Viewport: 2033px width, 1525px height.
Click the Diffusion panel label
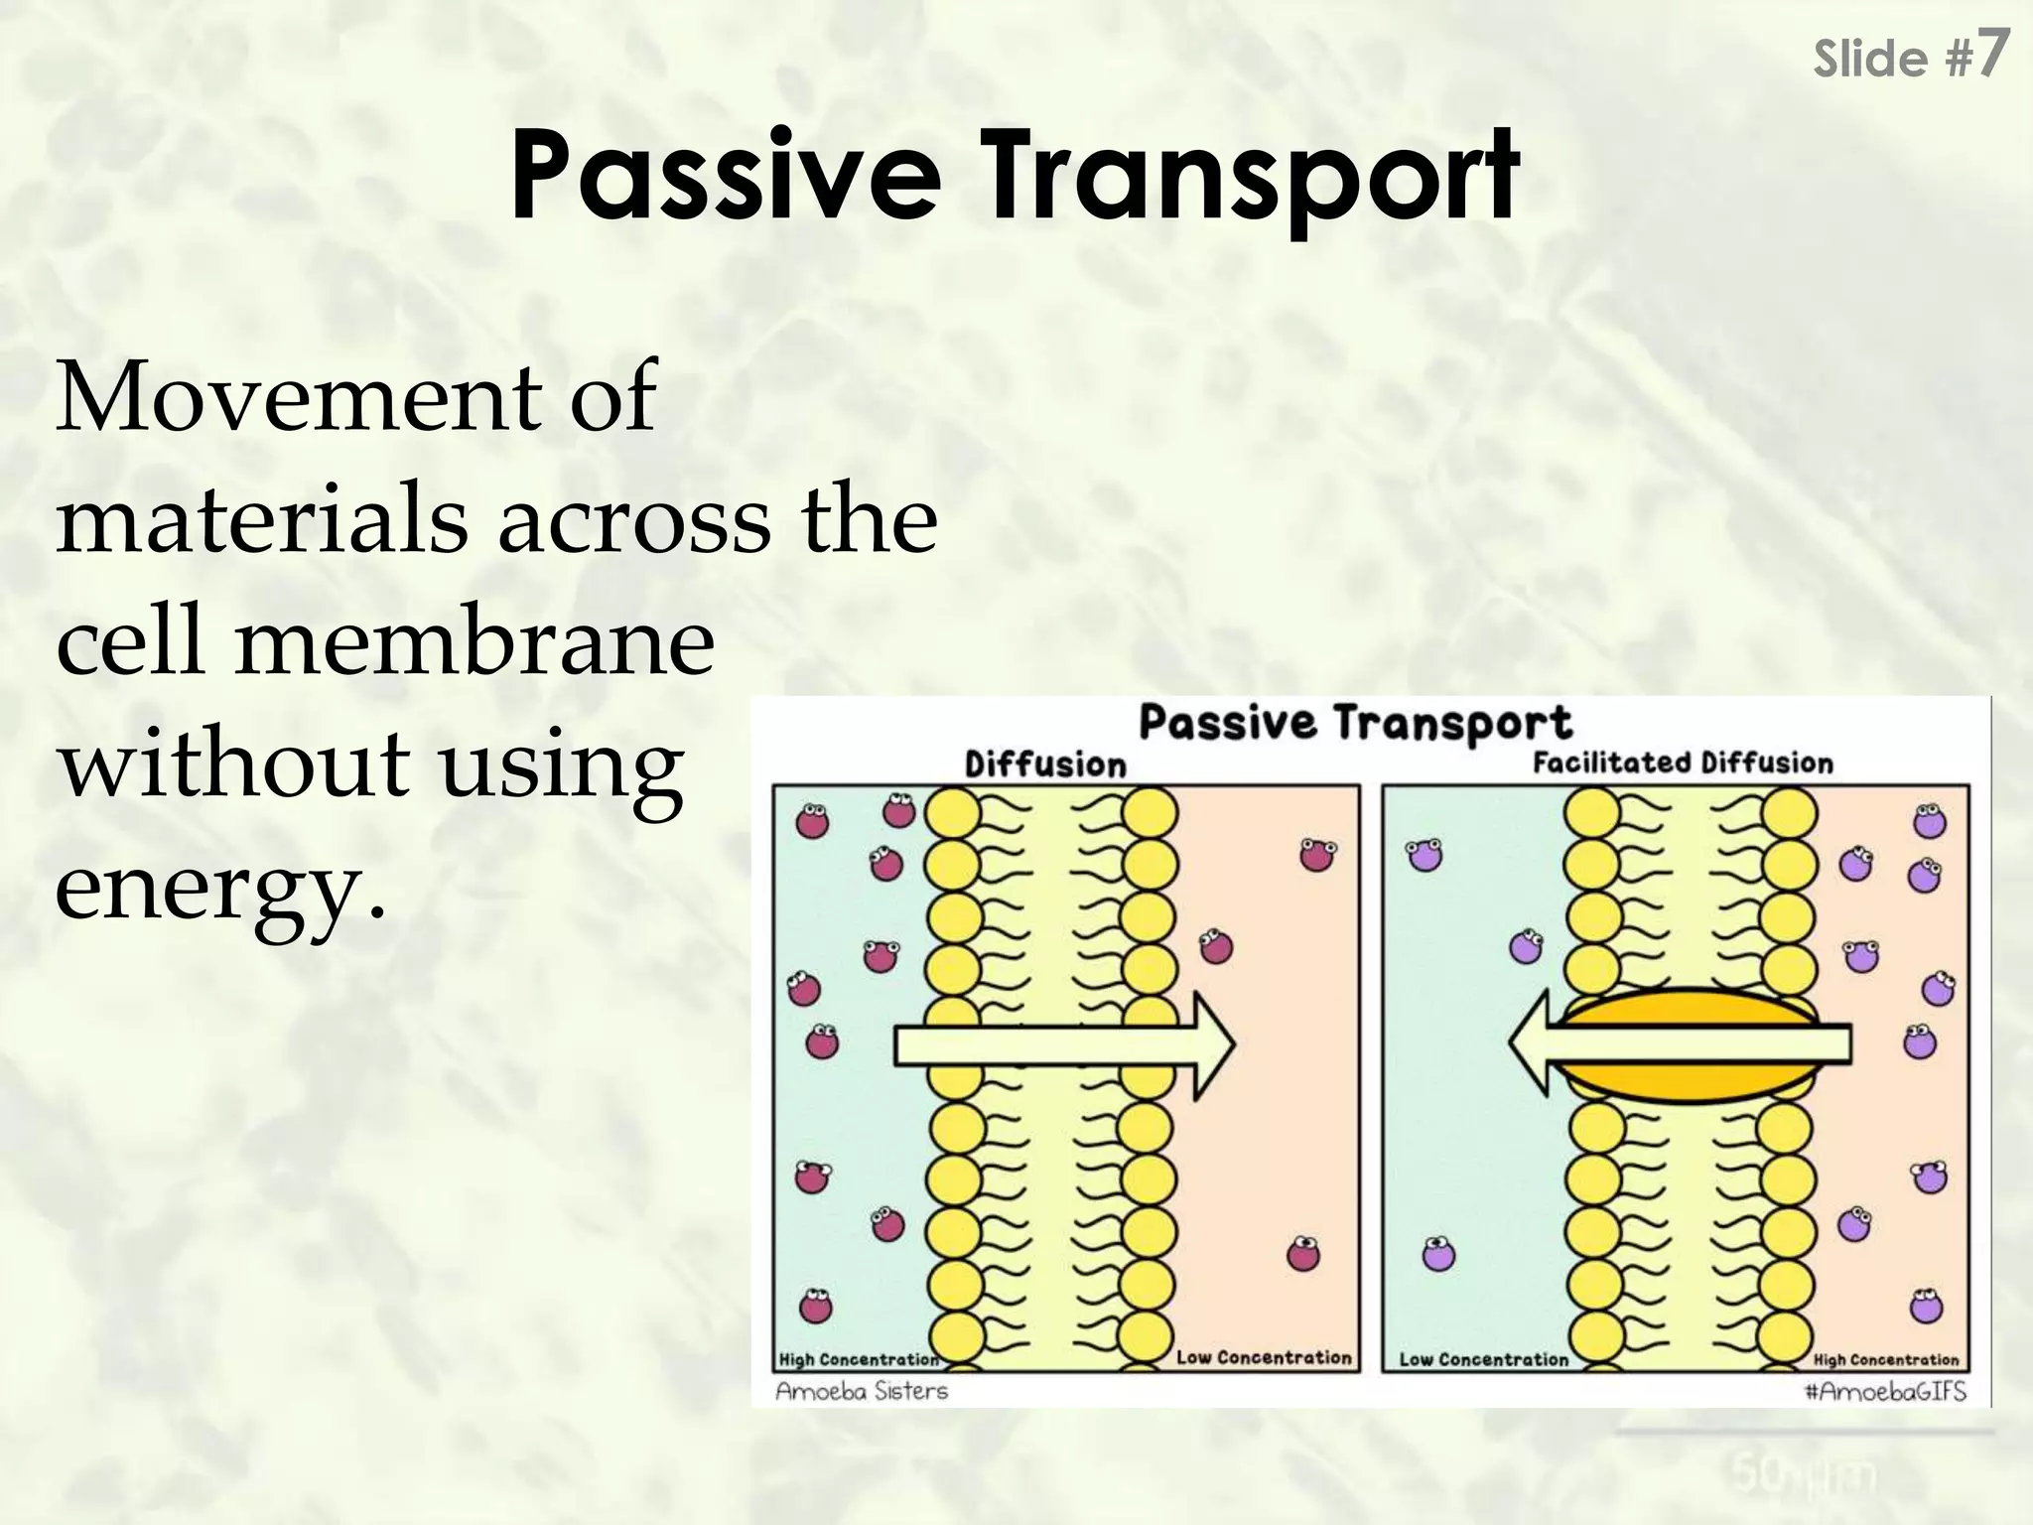[1045, 764]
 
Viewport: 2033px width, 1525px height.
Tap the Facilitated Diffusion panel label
[1683, 762]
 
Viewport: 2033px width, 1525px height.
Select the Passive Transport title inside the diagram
[1355, 723]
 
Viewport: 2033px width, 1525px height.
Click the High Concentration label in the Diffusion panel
[858, 1359]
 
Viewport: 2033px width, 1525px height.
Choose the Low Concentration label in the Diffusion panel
[1264, 1357]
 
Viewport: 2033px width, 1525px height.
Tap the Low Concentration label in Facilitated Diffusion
[1483, 1359]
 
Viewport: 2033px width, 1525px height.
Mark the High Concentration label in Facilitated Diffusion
[1886, 1359]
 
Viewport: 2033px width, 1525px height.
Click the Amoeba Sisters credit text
[862, 1391]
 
